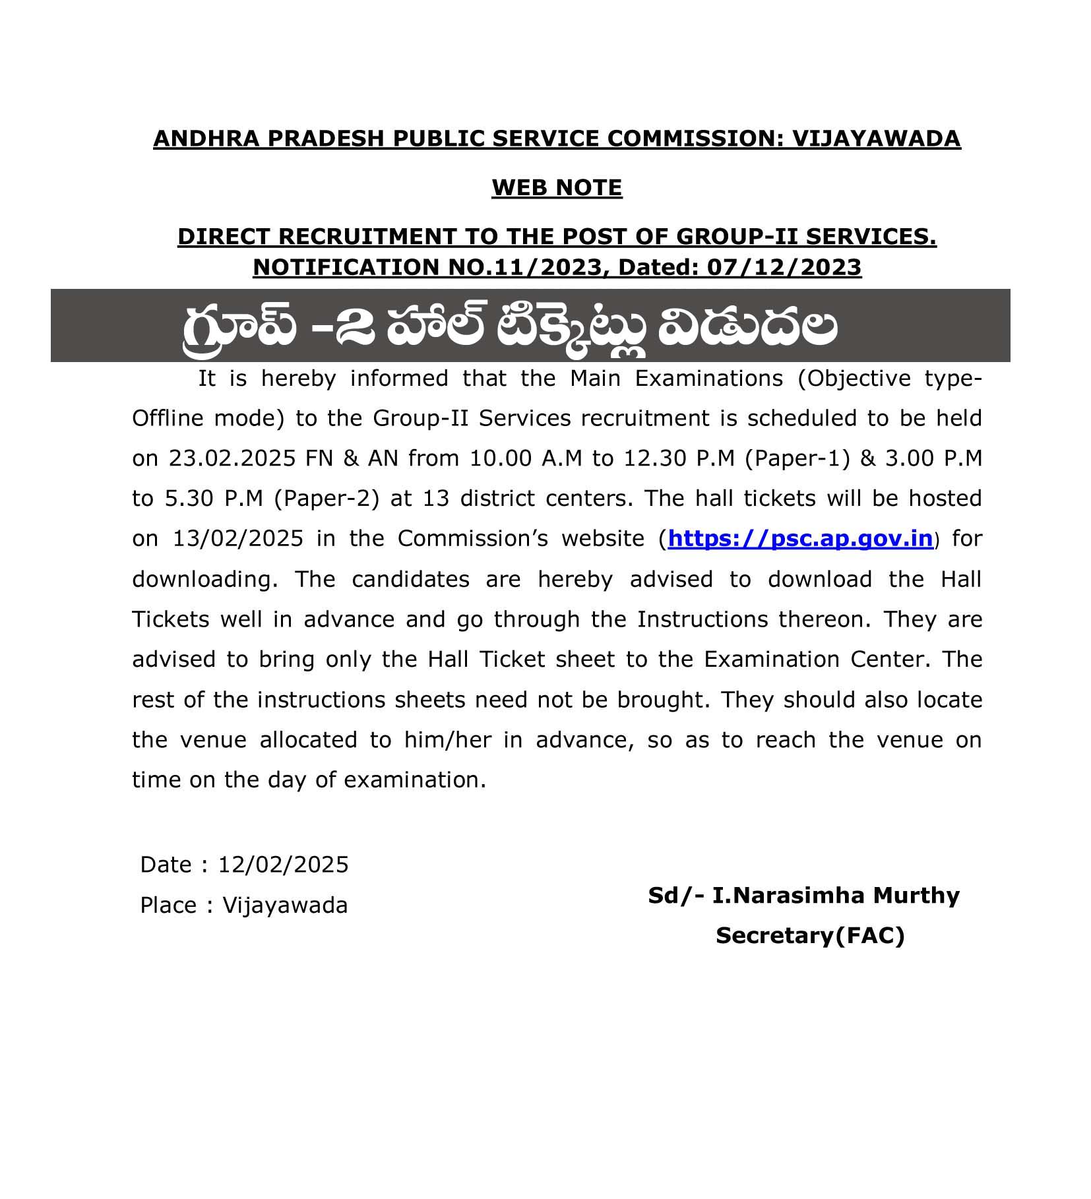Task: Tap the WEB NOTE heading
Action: tap(557, 188)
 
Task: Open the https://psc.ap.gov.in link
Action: tap(800, 539)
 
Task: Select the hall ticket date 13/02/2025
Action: tap(238, 539)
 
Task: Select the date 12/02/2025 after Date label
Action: tap(283, 865)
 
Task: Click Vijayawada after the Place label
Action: tap(285, 906)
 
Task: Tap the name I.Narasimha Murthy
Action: tap(836, 896)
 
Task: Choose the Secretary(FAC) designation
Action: tap(810, 936)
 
